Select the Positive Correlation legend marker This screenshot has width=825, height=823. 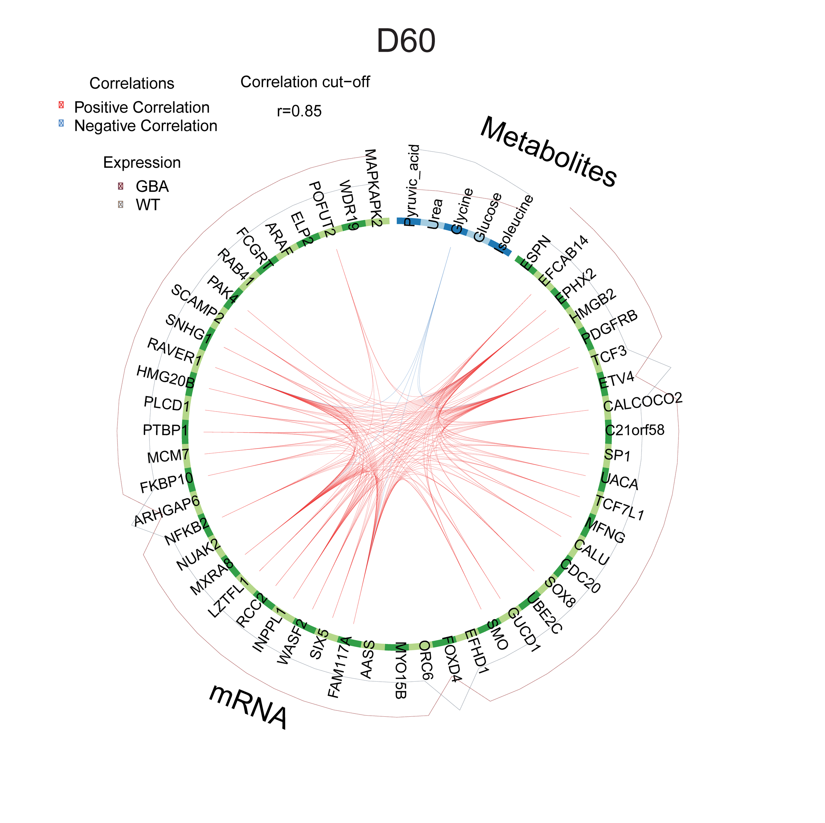[61, 105]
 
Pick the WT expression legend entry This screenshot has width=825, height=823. [147, 205]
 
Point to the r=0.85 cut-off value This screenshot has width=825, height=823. [299, 111]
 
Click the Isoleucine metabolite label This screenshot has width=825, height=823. [515, 224]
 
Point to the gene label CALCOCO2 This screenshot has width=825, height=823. [642, 402]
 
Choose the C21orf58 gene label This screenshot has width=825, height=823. [635, 430]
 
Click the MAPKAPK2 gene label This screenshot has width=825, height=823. [372, 188]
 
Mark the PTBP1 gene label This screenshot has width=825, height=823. [165, 430]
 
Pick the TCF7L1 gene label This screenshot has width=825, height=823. [620, 508]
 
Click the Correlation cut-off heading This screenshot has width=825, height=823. [305, 82]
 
